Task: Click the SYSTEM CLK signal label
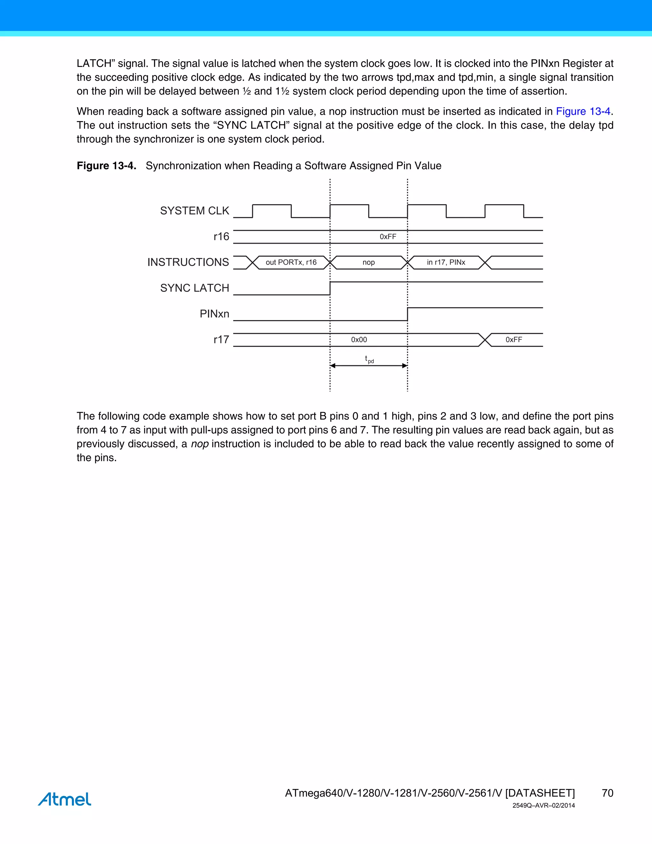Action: [194, 211]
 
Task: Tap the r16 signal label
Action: [221, 237]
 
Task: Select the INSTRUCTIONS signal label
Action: [188, 262]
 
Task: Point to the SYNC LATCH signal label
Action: [194, 288]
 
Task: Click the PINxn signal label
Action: [214, 314]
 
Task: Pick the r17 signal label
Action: [221, 340]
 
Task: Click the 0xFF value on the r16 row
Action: [388, 237]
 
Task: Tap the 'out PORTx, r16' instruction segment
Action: [291, 262]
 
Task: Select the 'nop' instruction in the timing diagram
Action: [368, 262]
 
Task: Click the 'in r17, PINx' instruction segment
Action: [446, 262]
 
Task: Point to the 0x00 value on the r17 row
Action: [359, 340]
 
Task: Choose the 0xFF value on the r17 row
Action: [514, 340]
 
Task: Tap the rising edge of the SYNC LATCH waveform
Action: [330, 288]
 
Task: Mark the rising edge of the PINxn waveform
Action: [407, 314]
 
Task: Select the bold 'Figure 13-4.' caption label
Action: [106, 166]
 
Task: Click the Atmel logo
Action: [65, 799]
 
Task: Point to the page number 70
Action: [607, 793]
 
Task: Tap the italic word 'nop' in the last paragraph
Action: [200, 444]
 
